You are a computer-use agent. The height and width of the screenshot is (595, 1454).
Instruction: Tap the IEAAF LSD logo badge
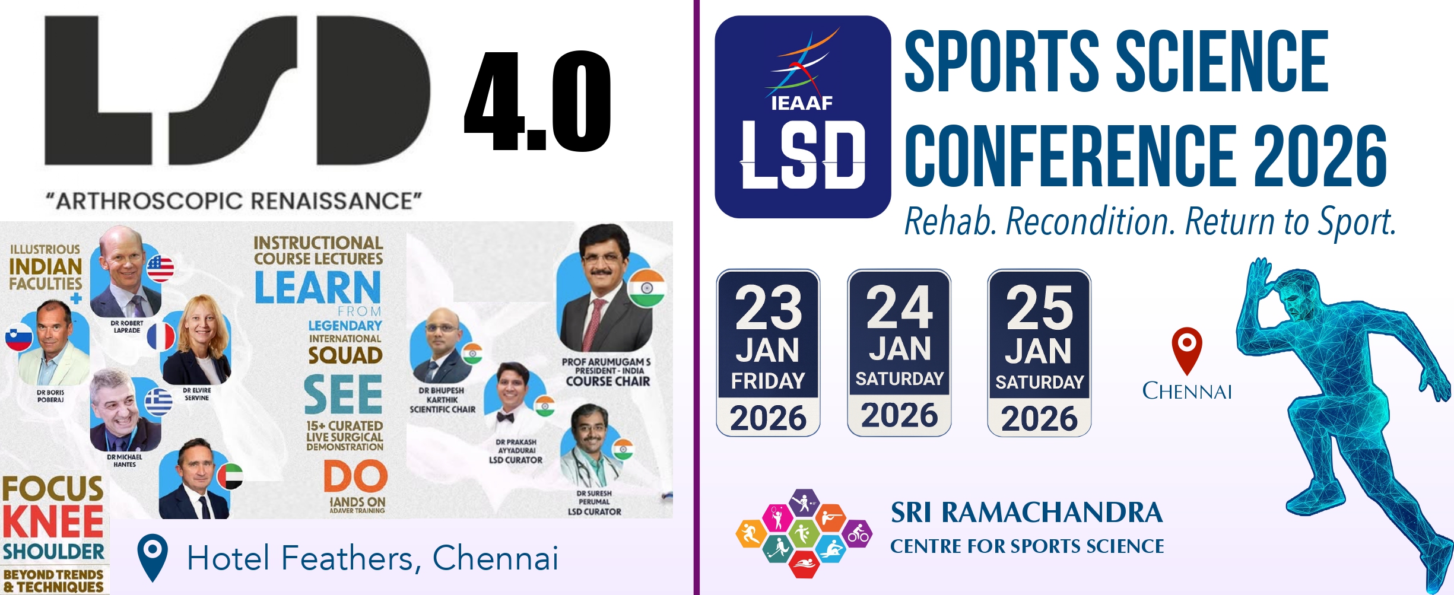tap(802, 117)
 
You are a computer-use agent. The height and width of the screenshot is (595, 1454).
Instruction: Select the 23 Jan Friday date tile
tap(768, 353)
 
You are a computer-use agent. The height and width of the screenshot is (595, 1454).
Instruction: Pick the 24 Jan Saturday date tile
tap(899, 353)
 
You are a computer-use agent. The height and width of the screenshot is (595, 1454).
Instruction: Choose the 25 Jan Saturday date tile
tap(1039, 353)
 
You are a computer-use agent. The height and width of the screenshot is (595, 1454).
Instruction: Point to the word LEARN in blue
tap(318, 288)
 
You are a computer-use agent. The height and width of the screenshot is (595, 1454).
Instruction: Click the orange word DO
tap(355, 477)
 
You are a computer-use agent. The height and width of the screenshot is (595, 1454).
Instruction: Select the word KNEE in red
tap(53, 522)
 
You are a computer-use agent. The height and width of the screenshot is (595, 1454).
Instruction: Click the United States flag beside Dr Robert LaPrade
tap(160, 268)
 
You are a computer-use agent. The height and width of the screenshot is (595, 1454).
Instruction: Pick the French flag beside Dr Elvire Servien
tap(161, 336)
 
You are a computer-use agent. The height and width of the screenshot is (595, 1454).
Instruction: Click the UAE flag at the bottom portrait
tap(231, 476)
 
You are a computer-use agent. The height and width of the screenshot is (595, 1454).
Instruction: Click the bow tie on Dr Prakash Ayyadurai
tap(505, 417)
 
